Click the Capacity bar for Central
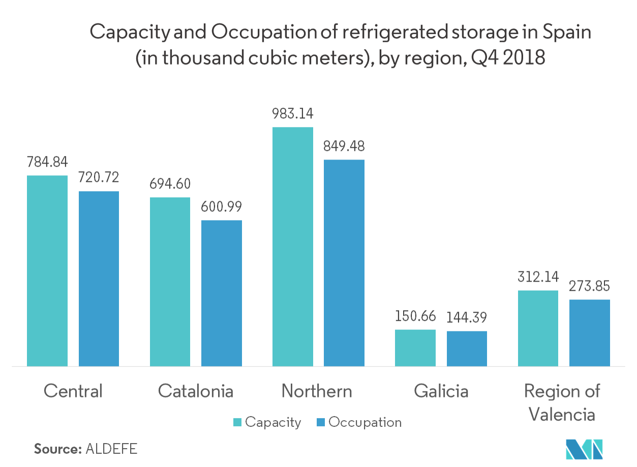[x=47, y=270]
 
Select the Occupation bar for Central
[x=99, y=278]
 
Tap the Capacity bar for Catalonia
[x=170, y=282]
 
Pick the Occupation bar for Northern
[x=344, y=263]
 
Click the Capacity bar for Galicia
[x=415, y=348]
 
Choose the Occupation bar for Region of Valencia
[x=589, y=332]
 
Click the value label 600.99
[x=221, y=207]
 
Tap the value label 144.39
[x=467, y=318]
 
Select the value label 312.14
[x=538, y=277]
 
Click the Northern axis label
[x=317, y=391]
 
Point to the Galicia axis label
[x=441, y=391]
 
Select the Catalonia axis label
[x=196, y=391]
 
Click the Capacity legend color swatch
[x=237, y=422]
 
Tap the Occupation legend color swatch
[x=321, y=422]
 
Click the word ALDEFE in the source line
[x=112, y=449]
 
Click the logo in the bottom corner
[x=584, y=448]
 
